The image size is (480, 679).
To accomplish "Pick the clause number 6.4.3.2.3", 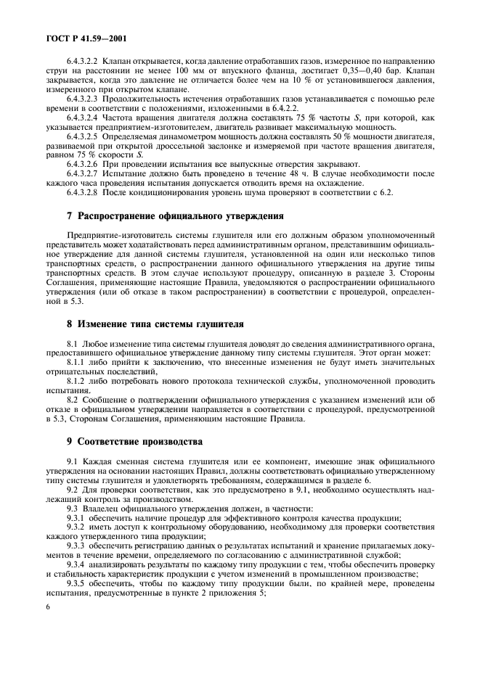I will click(82, 97).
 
